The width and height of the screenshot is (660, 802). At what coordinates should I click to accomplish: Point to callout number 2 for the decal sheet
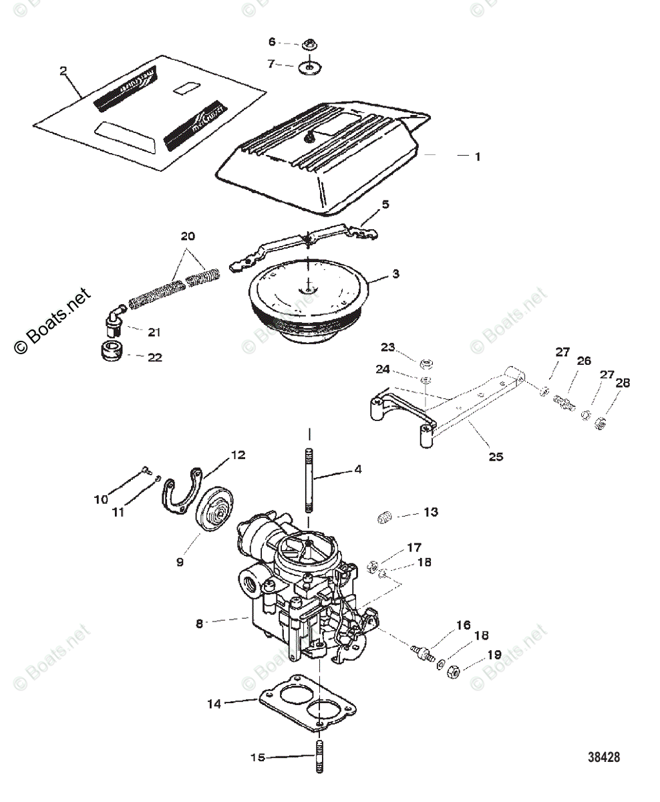[x=63, y=71]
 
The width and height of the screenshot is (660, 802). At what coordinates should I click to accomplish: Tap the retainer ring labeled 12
[x=181, y=495]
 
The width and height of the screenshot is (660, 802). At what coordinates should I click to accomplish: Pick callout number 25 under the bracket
[x=496, y=457]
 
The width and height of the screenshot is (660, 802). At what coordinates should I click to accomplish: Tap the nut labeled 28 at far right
[x=600, y=422]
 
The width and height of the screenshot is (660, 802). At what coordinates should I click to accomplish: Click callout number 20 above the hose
[x=189, y=236]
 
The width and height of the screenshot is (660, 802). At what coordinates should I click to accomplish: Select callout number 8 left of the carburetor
[x=198, y=624]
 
